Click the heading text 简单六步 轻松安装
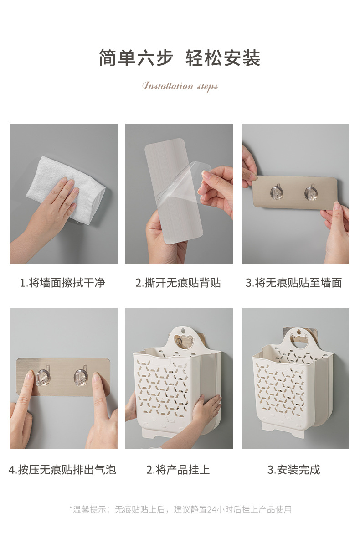click(180, 58)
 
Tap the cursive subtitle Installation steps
click(180, 86)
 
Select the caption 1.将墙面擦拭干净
click(62, 283)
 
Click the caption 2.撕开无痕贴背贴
click(178, 283)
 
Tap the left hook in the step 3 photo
click(277, 192)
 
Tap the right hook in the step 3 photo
click(311, 192)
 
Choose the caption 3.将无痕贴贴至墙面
click(294, 283)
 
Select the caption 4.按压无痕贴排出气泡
click(62, 470)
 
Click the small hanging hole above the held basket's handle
click(184, 329)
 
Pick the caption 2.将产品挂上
click(178, 470)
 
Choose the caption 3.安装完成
click(294, 470)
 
